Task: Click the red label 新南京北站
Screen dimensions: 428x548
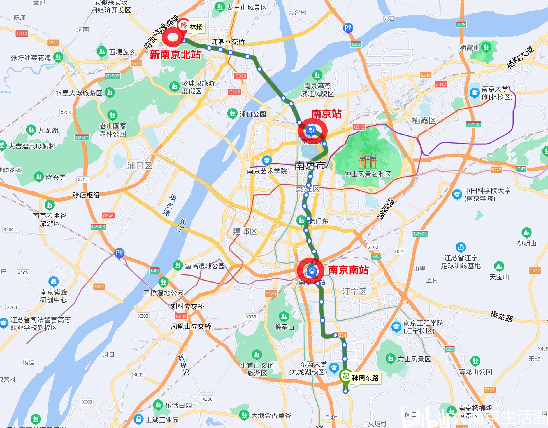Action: click(x=175, y=55)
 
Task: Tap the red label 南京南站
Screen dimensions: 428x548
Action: click(x=348, y=270)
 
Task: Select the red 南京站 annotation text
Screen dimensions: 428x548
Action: click(x=326, y=114)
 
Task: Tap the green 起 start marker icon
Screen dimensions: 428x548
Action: click(x=346, y=376)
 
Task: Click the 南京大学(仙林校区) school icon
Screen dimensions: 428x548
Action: click(x=474, y=93)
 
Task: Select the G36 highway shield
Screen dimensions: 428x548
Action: click(x=356, y=44)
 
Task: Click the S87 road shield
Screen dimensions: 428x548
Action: click(x=376, y=257)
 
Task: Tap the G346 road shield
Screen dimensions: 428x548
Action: click(x=108, y=215)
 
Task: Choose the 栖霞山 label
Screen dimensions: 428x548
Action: click(x=470, y=48)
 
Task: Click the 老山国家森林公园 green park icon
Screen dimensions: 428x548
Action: click(x=112, y=115)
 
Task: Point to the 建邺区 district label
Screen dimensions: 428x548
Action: click(x=245, y=231)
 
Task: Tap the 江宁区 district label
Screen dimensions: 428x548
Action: click(x=354, y=292)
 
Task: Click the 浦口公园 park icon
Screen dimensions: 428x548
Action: click(x=232, y=114)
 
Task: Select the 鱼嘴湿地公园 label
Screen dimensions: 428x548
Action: click(x=205, y=266)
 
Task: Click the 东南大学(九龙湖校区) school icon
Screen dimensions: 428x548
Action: click(x=334, y=368)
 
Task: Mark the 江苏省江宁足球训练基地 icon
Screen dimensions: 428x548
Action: click(x=461, y=247)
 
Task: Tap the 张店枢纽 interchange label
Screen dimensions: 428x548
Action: click(x=86, y=195)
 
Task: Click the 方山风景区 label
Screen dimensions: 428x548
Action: click(x=414, y=359)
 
